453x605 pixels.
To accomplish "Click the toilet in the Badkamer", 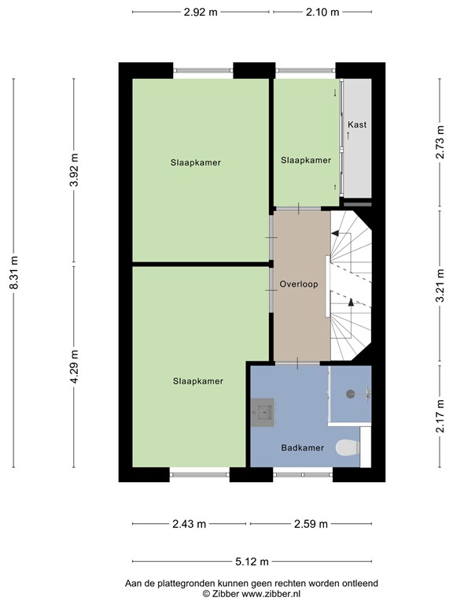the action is click(348, 448).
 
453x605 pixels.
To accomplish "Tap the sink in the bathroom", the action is click(263, 412).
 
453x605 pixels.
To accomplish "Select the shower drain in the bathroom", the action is click(350, 394).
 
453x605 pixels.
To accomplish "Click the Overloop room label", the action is click(299, 284).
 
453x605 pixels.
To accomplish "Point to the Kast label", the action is click(357, 124).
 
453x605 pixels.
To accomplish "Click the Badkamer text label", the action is click(302, 448).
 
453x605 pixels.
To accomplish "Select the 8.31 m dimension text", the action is click(14, 273).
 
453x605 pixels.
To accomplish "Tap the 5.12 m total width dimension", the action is click(252, 562).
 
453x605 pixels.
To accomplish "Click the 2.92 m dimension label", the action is click(201, 13).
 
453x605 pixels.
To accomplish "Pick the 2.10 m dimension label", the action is click(322, 13).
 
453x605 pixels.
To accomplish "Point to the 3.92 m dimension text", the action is click(74, 170).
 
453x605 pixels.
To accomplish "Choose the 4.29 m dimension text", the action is click(74, 367).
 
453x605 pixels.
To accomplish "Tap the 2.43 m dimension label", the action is click(189, 524).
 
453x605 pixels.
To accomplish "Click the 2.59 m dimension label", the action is click(311, 524).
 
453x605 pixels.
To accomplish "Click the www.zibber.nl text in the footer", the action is click(271, 594).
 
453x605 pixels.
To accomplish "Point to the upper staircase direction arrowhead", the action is click(335, 233).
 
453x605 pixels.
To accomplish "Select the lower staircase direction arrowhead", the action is click(351, 302).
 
